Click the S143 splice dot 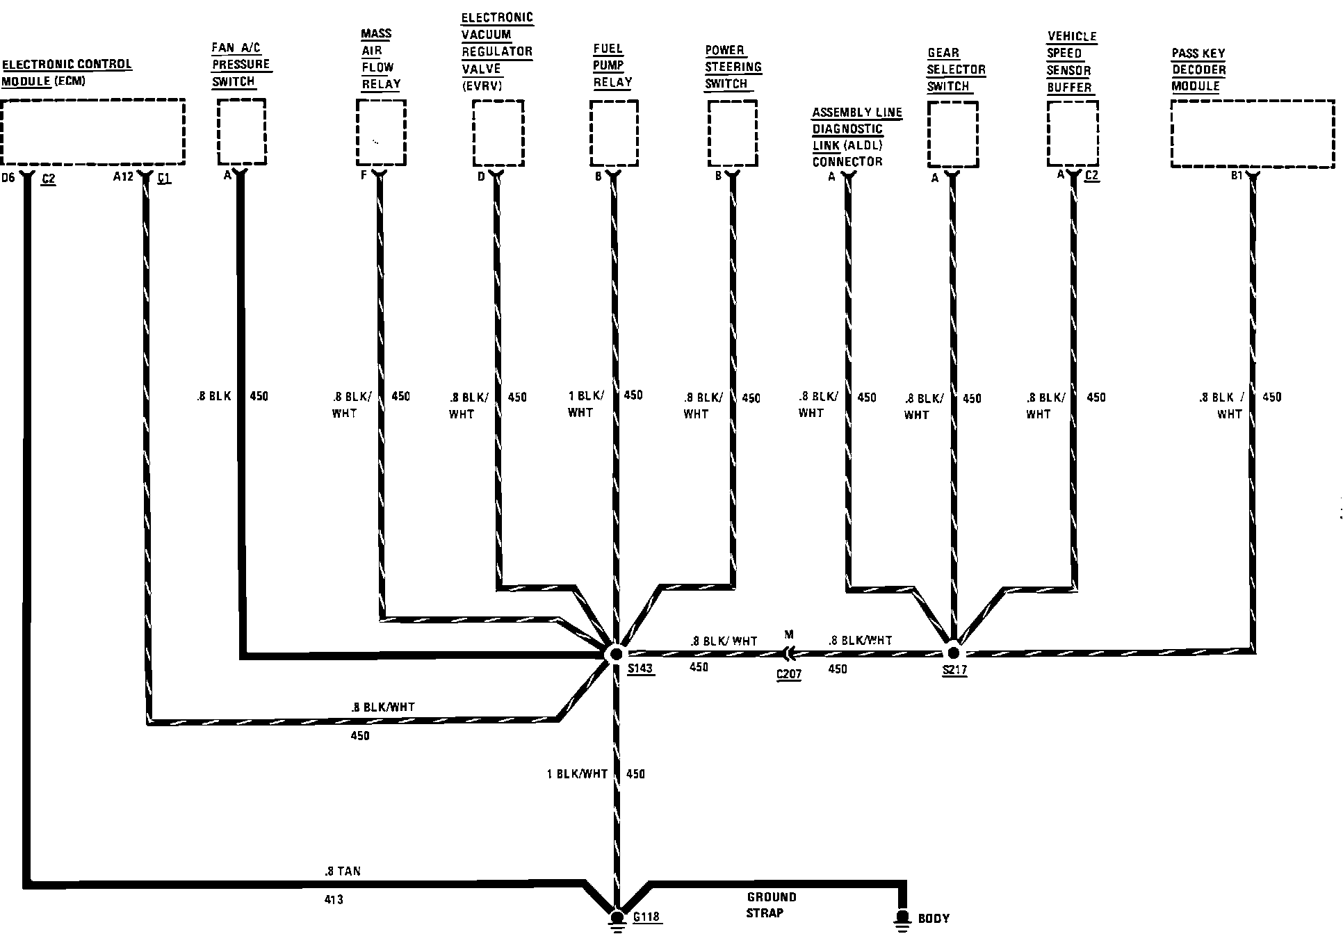615,654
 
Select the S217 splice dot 953,653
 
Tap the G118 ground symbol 616,919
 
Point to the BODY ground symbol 902,919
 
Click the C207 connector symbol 788,653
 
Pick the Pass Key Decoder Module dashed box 1252,133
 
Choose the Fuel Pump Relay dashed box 614,133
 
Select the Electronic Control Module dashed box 92,131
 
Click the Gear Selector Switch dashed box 952,134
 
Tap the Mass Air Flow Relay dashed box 381,132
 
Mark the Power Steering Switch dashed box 732,133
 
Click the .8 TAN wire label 342,871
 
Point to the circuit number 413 334,900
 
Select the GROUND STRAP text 770,905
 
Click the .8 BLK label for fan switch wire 213,397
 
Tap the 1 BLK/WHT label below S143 577,774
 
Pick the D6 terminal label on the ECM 8,178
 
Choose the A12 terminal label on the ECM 123,177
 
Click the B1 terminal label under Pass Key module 1237,177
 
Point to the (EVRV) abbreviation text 482,85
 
